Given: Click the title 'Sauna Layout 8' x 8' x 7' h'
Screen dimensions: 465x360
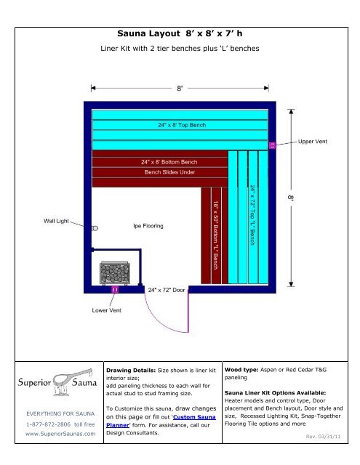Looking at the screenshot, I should click(180, 33).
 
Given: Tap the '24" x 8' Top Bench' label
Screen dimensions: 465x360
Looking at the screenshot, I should click(182, 126).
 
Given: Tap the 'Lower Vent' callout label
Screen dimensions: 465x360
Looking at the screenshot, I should click(106, 310).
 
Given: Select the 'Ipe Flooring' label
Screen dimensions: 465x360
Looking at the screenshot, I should click(147, 226).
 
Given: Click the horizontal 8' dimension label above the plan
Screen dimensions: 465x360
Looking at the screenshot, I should click(181, 89).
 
